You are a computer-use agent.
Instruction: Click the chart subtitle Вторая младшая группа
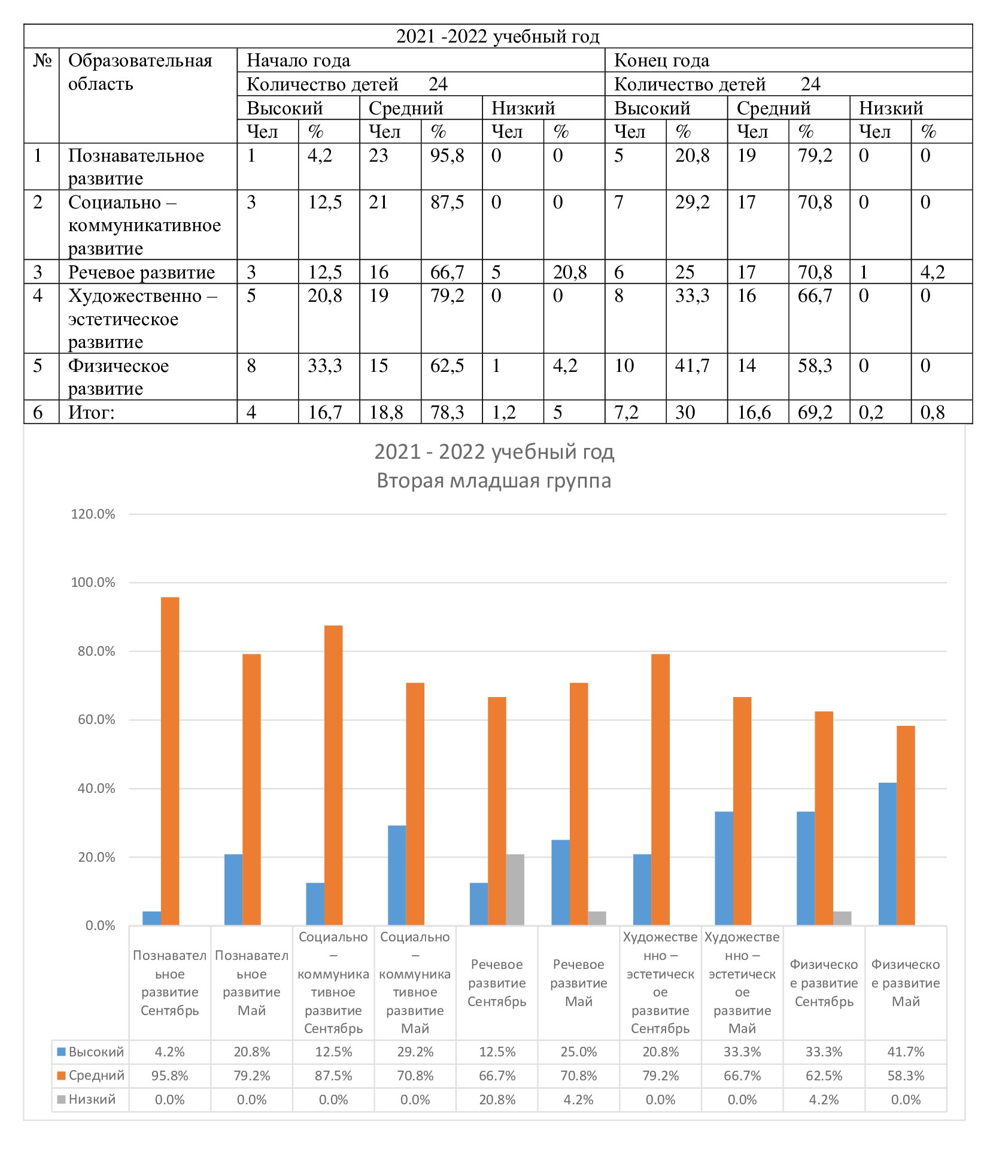click(494, 481)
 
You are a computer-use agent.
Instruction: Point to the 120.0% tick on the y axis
click(93, 514)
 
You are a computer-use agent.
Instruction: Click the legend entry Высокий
click(90, 1052)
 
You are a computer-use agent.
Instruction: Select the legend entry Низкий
click(86, 1100)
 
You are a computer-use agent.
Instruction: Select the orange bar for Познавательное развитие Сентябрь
click(170, 761)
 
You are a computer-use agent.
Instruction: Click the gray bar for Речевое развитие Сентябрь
click(515, 890)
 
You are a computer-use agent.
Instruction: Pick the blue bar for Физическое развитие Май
click(888, 854)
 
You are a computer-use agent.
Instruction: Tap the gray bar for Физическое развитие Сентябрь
click(842, 918)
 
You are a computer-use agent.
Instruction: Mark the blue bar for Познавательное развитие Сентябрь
click(152, 918)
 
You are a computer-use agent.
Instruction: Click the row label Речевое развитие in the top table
click(141, 272)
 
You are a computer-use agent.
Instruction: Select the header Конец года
click(661, 60)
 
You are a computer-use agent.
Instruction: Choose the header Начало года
click(298, 60)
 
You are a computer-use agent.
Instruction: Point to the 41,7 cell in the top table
click(692, 366)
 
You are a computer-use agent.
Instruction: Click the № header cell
click(42, 60)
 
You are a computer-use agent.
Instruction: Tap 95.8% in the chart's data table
click(170, 1076)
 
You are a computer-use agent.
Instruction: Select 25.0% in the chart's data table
click(579, 1052)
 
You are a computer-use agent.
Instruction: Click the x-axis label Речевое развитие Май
click(579, 983)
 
